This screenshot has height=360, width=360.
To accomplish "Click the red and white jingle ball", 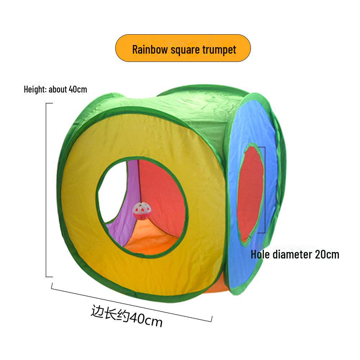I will click(x=140, y=210).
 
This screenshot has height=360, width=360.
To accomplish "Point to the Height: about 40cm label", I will click(x=55, y=89).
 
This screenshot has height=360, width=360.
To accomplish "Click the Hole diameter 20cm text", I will click(x=295, y=255).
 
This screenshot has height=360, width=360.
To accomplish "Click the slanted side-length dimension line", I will click(x=131, y=302).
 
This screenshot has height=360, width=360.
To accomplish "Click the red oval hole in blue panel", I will click(x=250, y=193).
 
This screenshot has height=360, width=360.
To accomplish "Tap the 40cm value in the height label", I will click(x=77, y=89).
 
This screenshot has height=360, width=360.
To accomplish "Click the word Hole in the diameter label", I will click(x=260, y=255).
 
